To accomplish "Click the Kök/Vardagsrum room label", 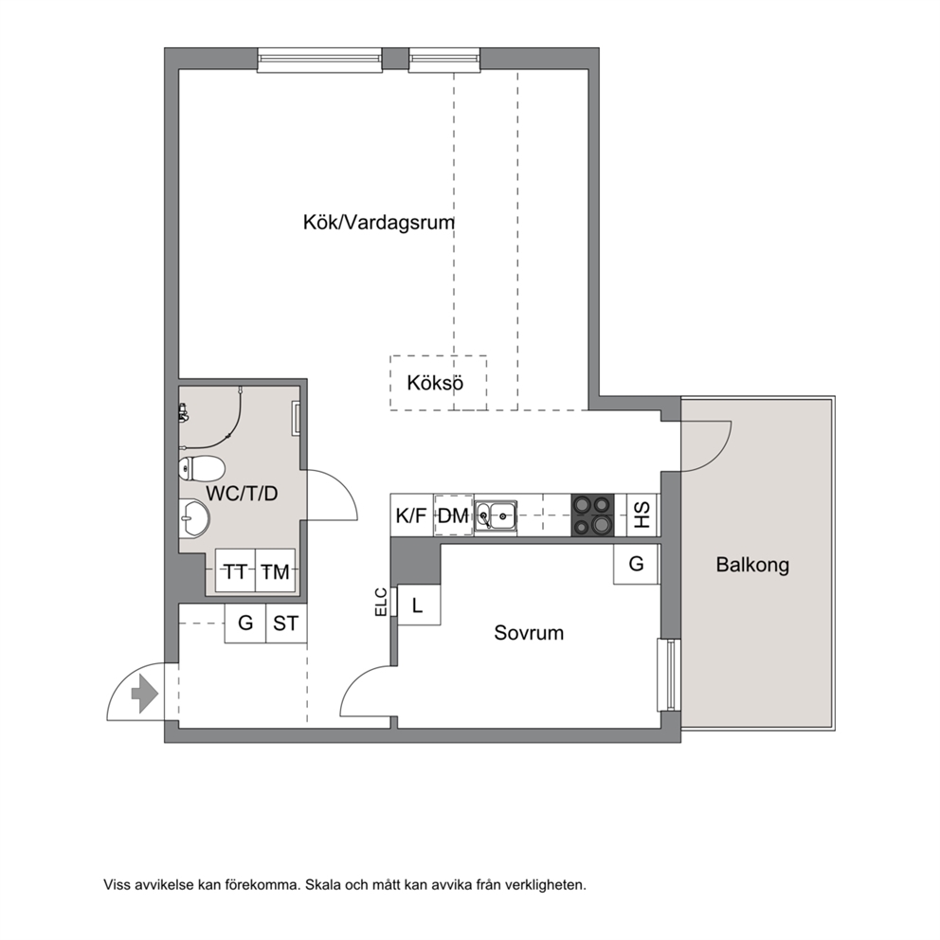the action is click(x=379, y=223).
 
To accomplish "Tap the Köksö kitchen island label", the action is click(x=435, y=383).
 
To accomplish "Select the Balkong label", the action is click(x=752, y=565).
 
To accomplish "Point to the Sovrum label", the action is click(x=529, y=632).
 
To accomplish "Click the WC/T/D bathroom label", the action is click(x=243, y=494).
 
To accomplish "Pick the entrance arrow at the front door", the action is click(x=144, y=695).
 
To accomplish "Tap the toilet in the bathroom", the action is click(x=202, y=468).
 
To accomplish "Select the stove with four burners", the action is click(x=593, y=515).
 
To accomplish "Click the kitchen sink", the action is click(x=496, y=515).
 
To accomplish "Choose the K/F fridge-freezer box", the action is click(x=412, y=515).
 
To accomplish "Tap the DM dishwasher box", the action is click(x=453, y=515).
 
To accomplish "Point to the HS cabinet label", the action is click(x=642, y=515).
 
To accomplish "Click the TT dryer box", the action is click(x=235, y=570).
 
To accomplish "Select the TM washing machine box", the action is click(x=276, y=570).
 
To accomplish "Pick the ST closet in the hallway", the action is click(x=286, y=624).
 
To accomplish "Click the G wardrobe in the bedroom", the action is click(x=636, y=564).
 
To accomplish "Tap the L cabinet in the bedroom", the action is click(x=419, y=605).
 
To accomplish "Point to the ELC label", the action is click(x=381, y=602).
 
